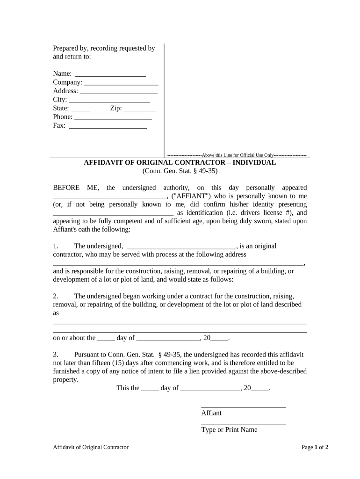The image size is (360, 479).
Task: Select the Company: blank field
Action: (121, 83)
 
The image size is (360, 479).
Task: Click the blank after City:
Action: (109, 101)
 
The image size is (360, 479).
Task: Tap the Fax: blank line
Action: (108, 126)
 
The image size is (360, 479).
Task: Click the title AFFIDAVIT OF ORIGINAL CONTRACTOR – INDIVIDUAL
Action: (180, 163)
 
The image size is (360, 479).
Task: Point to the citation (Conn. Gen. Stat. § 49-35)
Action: (180, 171)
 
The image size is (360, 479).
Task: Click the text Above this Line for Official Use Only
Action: (237, 155)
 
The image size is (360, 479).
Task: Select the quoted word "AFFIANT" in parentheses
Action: (189, 196)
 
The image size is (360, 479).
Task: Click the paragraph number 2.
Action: (56, 296)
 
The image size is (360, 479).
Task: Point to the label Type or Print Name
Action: (229, 429)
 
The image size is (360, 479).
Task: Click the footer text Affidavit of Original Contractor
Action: (91, 447)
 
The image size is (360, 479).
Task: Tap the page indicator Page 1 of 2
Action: (315, 447)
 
